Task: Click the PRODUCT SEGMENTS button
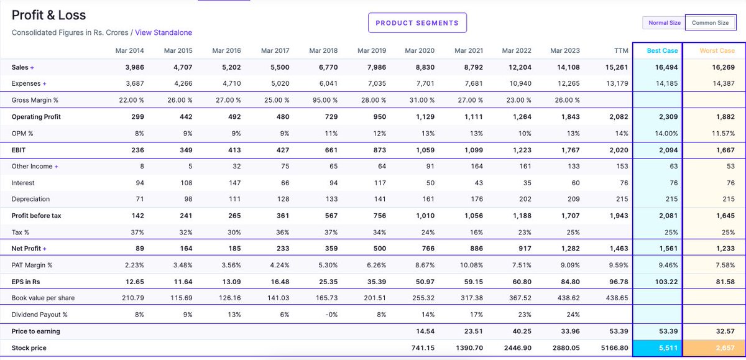[x=417, y=23]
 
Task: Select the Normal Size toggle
[x=664, y=23]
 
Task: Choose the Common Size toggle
[x=710, y=23]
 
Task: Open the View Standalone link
[x=163, y=32]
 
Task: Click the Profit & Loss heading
[x=49, y=15]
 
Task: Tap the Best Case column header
[x=662, y=51]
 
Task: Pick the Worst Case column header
[x=717, y=51]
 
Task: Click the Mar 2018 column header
[x=323, y=51]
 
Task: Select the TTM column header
[x=620, y=51]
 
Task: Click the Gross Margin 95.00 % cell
[x=324, y=100]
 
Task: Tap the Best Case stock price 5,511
[x=667, y=348]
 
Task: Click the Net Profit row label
[x=27, y=249]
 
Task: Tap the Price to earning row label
[x=35, y=331]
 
